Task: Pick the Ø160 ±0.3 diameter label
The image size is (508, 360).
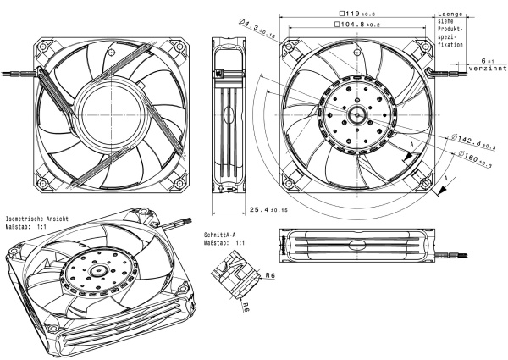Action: tap(476, 157)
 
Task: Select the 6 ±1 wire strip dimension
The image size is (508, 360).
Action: tap(487, 60)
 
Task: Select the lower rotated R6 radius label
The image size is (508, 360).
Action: tap(245, 308)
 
